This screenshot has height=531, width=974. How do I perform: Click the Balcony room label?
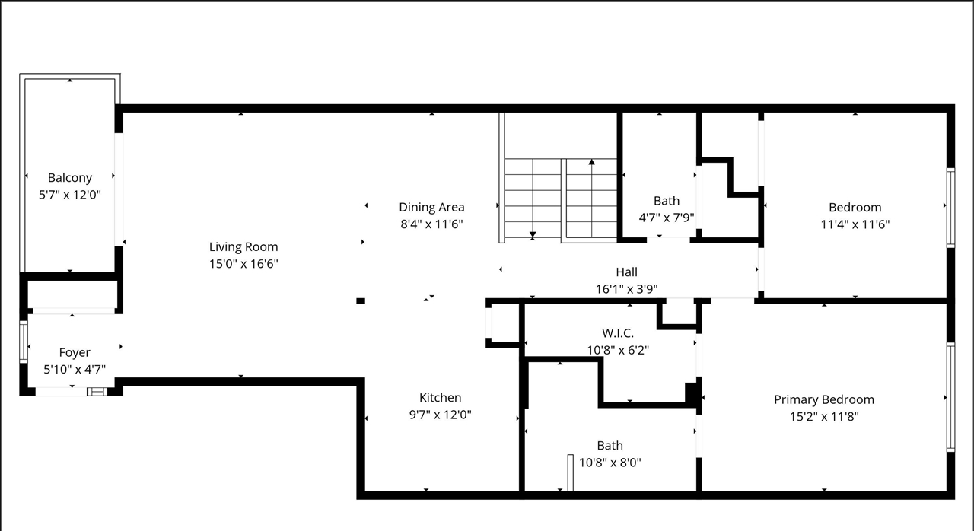70,177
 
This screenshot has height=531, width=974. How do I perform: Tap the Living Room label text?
243,246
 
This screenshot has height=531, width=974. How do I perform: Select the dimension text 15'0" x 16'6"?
243,264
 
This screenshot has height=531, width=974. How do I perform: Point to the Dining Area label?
431,207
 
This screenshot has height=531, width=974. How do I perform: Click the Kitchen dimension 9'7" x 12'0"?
440,415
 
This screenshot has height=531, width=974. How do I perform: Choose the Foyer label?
75,352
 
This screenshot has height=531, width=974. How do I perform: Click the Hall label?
626,272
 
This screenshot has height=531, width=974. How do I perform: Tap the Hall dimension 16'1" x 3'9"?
626,289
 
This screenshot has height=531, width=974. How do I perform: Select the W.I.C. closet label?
617,333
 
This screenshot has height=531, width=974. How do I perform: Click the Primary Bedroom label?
823,399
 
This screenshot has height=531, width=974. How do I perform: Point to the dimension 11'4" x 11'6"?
855,224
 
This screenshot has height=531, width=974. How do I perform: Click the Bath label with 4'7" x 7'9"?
667,201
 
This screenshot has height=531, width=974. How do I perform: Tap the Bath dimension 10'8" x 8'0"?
610,462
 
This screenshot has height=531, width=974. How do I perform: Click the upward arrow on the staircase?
591,162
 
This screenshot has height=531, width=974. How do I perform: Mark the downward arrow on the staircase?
533,234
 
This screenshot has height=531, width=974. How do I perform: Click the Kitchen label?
440,397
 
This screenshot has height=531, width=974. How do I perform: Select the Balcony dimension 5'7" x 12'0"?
70,195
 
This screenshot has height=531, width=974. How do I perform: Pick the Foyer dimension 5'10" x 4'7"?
75,370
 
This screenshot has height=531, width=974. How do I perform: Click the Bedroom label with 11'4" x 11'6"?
855,207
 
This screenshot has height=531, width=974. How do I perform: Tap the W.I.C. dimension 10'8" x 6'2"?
617,351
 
